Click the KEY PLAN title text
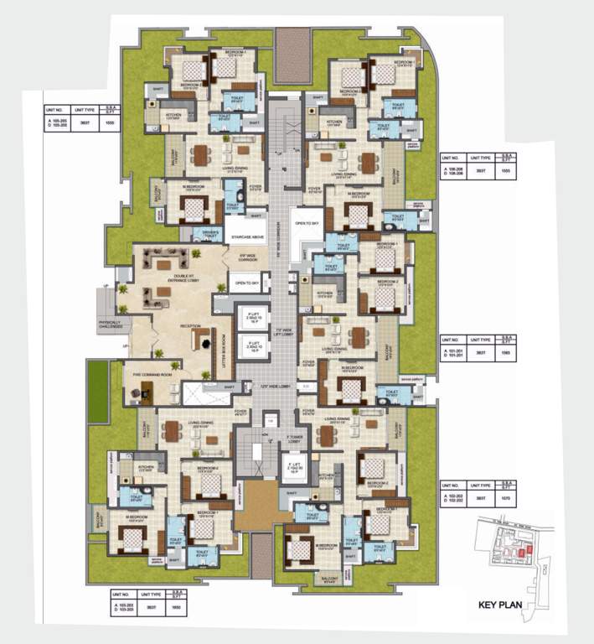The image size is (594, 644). (501, 604)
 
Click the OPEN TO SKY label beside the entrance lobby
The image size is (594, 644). (244, 283)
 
